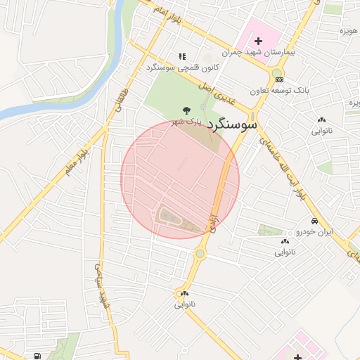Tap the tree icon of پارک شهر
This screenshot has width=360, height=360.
tap(186, 110)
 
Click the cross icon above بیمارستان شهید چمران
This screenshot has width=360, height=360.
tap(258, 41)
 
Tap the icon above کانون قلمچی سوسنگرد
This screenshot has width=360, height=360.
tap(182, 56)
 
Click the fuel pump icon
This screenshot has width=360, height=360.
tap(37, 355)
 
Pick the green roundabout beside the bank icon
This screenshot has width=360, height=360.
tap(277, 73)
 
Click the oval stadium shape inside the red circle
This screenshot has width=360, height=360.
tap(169, 217)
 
